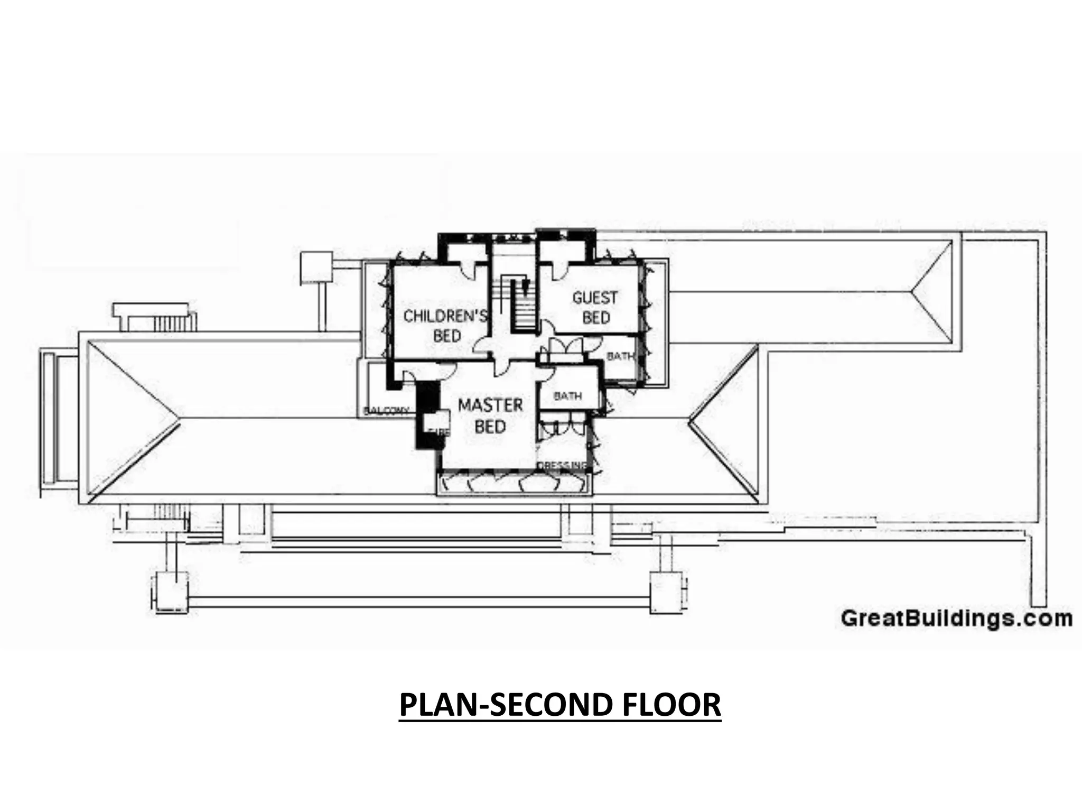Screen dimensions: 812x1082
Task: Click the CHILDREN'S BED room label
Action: click(x=445, y=326)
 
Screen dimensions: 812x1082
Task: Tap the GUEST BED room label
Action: click(x=595, y=307)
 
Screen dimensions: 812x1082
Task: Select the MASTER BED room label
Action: click(x=490, y=416)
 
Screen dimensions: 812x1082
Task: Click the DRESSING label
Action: click(x=562, y=465)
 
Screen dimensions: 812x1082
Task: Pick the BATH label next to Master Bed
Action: click(x=568, y=395)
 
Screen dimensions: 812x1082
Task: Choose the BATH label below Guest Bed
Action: click(x=620, y=356)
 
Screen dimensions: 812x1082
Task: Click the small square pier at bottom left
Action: click(x=170, y=592)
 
